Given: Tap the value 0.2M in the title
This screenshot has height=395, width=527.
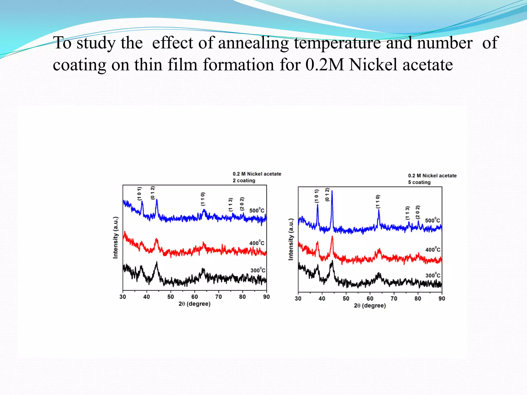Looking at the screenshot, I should click(x=324, y=65).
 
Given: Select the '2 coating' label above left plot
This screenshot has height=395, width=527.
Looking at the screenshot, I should click(x=244, y=181).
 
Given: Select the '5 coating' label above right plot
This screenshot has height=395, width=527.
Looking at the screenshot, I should click(x=419, y=182).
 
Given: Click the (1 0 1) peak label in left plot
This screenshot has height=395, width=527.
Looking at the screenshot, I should click(x=139, y=194).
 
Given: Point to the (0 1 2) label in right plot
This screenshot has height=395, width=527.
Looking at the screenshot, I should click(x=327, y=195).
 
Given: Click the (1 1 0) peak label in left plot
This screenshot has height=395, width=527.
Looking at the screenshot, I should click(x=203, y=199).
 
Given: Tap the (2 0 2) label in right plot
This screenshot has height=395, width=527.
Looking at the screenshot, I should click(x=418, y=212).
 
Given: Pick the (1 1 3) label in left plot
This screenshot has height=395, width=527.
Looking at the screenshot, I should click(x=231, y=205).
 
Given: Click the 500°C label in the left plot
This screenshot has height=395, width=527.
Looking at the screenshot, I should click(x=257, y=210).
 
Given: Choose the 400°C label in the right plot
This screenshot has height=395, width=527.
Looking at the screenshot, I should click(x=433, y=249).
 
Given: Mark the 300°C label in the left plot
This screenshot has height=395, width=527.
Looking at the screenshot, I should click(x=258, y=270).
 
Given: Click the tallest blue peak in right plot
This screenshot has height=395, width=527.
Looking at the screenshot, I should click(x=332, y=192).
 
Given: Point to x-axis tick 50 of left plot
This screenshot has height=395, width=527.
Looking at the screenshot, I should click(x=171, y=297).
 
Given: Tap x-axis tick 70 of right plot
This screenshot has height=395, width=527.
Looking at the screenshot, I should click(x=394, y=299).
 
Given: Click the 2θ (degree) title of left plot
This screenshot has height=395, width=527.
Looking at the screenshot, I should click(x=195, y=304).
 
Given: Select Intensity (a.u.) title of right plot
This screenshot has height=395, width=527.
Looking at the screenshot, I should click(x=291, y=239).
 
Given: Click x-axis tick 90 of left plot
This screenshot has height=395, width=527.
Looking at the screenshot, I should click(x=266, y=297).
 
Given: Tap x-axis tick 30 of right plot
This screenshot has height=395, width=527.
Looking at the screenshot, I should click(x=298, y=299).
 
